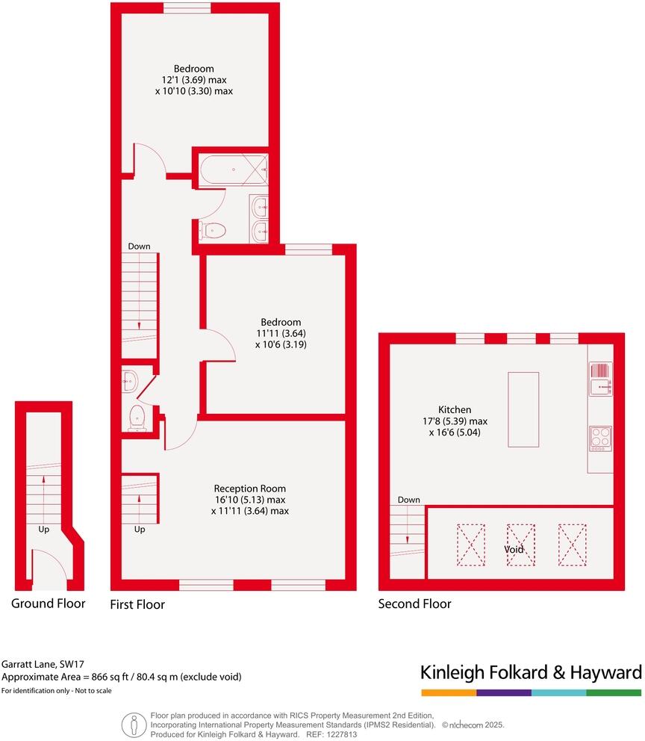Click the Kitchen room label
click(x=454, y=409)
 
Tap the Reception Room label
click(x=249, y=489)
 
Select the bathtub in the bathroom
click(x=232, y=170)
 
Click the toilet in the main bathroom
click(x=213, y=231)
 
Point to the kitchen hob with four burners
click(x=600, y=436)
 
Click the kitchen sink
click(x=600, y=378)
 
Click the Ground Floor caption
click(x=49, y=603)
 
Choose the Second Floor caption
click(x=414, y=604)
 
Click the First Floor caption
click(x=137, y=604)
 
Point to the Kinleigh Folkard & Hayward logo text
click(x=531, y=672)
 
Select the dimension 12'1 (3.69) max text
click(x=194, y=79)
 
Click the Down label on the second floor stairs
click(x=408, y=500)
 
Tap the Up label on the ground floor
click(x=44, y=529)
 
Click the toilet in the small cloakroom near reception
click(x=137, y=419)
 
